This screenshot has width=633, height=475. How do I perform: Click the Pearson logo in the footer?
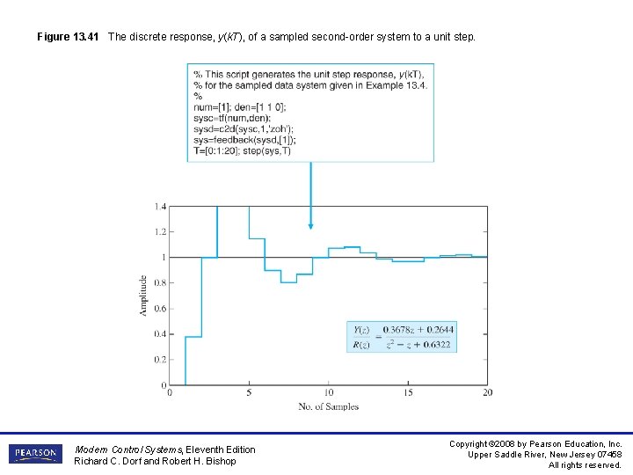point(35,454)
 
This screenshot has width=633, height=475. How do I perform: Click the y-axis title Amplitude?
point(143,296)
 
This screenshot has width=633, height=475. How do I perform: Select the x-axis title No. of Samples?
point(328,406)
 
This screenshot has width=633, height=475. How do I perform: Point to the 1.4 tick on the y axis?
point(160,206)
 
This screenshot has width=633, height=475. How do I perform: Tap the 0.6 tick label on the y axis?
point(160,309)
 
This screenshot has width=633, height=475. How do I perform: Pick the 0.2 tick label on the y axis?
point(160,360)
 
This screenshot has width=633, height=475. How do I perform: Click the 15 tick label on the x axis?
point(408,392)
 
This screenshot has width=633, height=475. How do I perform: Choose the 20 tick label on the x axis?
point(487,392)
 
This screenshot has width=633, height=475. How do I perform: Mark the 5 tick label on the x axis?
point(249,392)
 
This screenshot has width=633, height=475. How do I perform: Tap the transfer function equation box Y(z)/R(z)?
point(402,337)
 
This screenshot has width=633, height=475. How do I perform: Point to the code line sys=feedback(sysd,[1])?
point(244,140)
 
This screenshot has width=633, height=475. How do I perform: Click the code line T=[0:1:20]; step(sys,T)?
point(242,150)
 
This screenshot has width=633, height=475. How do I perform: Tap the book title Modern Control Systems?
point(129,449)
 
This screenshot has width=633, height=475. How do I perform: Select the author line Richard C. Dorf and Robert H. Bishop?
point(155,461)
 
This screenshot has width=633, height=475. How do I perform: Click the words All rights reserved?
point(585,464)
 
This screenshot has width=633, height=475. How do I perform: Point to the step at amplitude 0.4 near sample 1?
point(193,336)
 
